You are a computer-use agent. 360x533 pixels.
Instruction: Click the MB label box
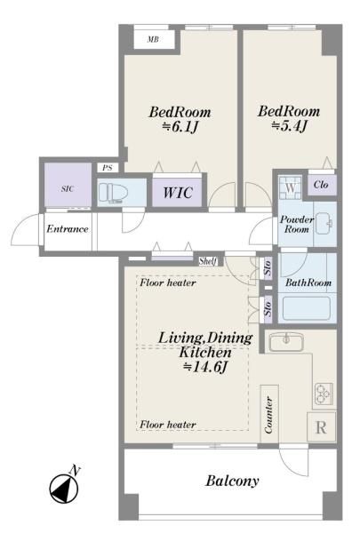pyautogui.click(x=154, y=39)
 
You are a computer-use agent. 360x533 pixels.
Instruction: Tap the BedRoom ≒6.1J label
pyautogui.click(x=180, y=120)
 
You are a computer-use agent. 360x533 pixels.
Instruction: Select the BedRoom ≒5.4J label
pyautogui.click(x=289, y=119)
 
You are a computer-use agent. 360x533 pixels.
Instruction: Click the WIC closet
pyautogui.click(x=177, y=193)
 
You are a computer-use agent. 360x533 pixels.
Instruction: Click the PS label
pyautogui.click(x=108, y=168)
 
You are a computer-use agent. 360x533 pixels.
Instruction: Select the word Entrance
pyautogui.click(x=68, y=229)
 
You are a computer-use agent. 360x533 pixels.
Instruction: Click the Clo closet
pyautogui.click(x=322, y=185)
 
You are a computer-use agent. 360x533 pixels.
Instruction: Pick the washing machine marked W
pyautogui.click(x=291, y=187)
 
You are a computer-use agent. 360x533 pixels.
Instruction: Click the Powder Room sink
pyautogui.click(x=324, y=224)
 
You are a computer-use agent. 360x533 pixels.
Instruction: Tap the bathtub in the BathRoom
pyautogui.click(x=307, y=308)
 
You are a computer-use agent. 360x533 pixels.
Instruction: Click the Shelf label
pyautogui.click(x=208, y=261)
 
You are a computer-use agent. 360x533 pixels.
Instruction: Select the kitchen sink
pyautogui.click(x=286, y=342)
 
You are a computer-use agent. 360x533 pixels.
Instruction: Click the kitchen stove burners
pyautogui.click(x=324, y=394)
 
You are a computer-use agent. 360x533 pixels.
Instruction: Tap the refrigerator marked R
pyautogui.click(x=322, y=427)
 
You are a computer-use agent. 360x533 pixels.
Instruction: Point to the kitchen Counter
pyautogui.click(x=269, y=414)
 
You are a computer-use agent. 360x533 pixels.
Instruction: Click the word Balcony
pyautogui.click(x=232, y=481)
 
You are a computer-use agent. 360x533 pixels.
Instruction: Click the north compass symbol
pyautogui.click(x=64, y=488)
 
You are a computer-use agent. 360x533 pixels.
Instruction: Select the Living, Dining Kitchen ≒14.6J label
pyautogui.click(x=205, y=352)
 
